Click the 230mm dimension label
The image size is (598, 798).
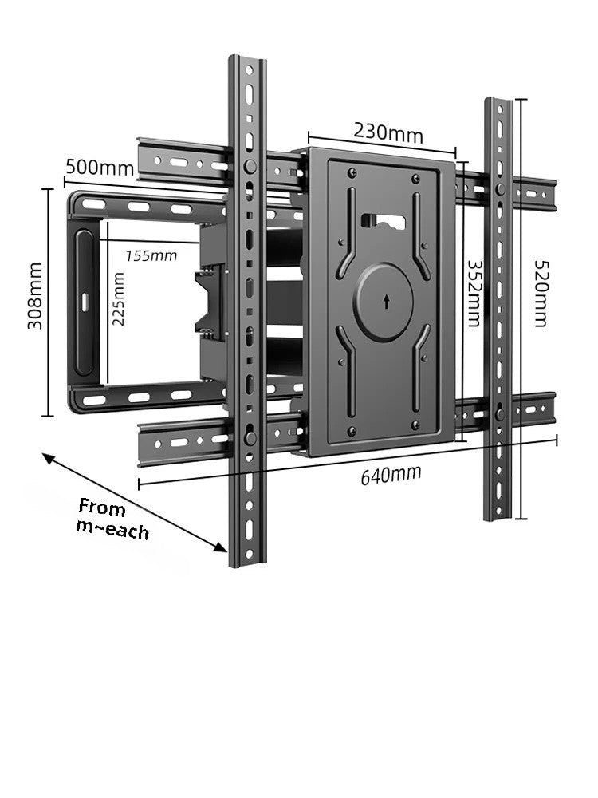[388, 132]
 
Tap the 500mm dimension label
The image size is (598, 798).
[100, 168]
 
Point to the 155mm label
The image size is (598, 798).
[151, 255]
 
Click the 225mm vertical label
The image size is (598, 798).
[118, 299]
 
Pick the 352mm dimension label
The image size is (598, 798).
[473, 292]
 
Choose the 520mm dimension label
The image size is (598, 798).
[540, 293]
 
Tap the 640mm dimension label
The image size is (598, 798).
[391, 475]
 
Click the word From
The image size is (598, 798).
[102, 508]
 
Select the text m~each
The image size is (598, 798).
[112, 528]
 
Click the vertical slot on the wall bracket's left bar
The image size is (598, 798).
[83, 302]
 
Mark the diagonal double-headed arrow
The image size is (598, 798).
[135, 503]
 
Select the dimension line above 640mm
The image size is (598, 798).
[348, 460]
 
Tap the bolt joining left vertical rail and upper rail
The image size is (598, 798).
[250, 167]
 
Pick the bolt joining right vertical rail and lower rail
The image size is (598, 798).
[499, 413]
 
